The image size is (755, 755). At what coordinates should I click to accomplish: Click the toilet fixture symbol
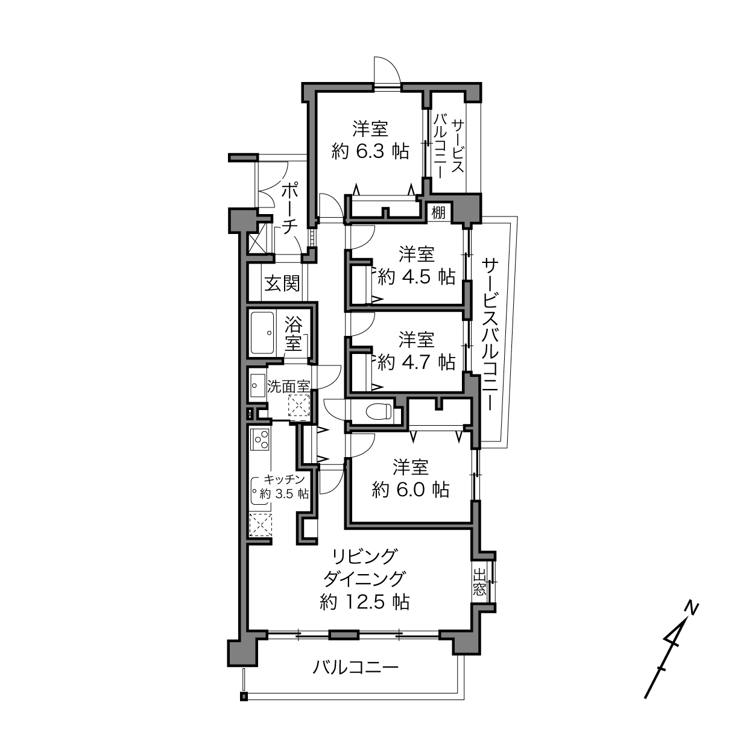click(x=379, y=411)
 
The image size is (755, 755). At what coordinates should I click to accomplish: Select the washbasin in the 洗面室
click(x=257, y=385)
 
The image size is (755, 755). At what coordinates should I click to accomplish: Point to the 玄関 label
click(x=282, y=283)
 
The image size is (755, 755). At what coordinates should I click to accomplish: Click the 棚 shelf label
click(x=438, y=213)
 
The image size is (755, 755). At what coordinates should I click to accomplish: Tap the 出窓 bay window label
click(x=479, y=582)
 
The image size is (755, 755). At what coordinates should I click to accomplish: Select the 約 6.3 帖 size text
click(x=370, y=151)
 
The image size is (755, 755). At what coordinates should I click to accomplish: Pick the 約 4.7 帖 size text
click(x=417, y=362)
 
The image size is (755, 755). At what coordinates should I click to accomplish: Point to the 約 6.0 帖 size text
click(x=410, y=489)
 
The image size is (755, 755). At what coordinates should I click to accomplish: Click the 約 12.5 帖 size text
click(x=365, y=601)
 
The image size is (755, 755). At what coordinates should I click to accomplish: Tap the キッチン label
click(x=285, y=479)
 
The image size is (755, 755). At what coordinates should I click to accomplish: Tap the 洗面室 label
click(x=288, y=387)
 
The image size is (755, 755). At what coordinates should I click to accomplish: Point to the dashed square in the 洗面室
click(x=299, y=405)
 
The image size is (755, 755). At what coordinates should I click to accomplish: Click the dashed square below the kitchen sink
click(x=261, y=525)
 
